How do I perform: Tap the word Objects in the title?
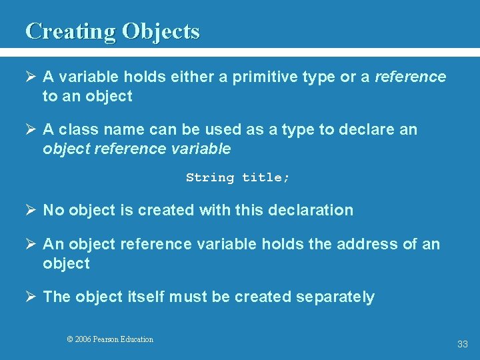(160, 31)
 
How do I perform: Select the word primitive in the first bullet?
(265, 77)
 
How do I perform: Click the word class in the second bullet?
(75, 129)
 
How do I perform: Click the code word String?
(210, 177)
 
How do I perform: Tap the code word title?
(266, 177)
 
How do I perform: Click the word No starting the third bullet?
(53, 210)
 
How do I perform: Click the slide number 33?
(463, 345)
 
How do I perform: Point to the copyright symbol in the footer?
(70, 339)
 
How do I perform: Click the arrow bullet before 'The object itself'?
(31, 297)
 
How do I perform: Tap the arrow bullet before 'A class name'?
(31, 129)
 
